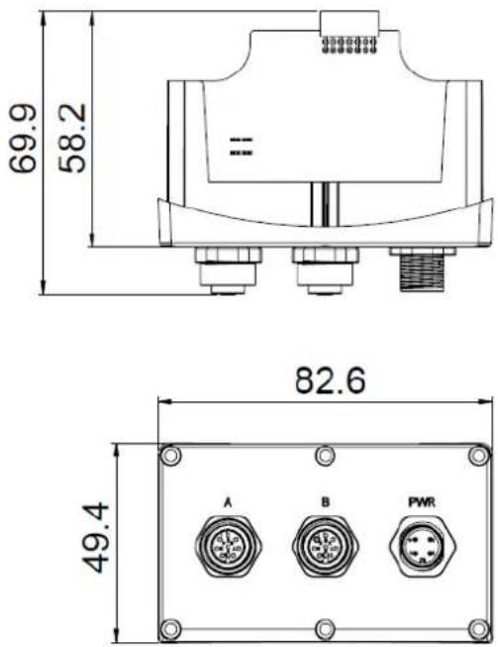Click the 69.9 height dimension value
[x=23, y=139]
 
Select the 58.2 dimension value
[x=72, y=138]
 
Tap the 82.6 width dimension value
[x=331, y=380]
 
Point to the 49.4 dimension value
[x=95, y=538]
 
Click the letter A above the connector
[x=228, y=502]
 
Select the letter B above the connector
[x=326, y=502]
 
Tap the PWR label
[x=422, y=502]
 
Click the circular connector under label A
[x=229, y=546]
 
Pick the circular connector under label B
[x=326, y=546]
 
